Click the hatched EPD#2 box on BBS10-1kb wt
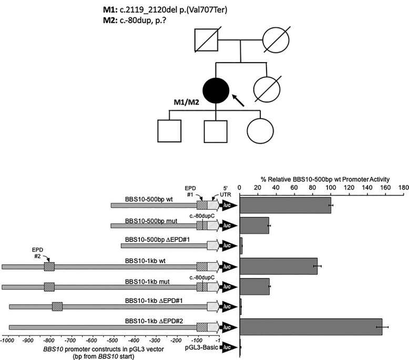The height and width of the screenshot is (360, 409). coord(49,266)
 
